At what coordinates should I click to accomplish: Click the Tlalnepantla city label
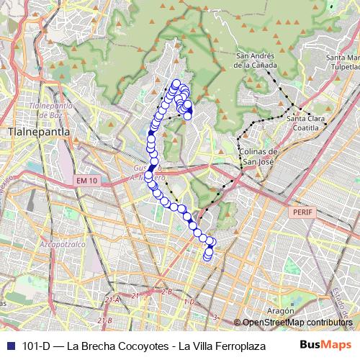click(x=35, y=132)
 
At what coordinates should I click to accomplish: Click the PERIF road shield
click(x=300, y=214)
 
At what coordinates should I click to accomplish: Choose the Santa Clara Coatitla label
click(x=302, y=122)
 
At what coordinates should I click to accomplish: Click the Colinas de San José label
click(x=258, y=156)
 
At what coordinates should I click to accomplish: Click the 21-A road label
click(x=112, y=300)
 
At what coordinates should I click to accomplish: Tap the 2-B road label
click(x=166, y=292)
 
